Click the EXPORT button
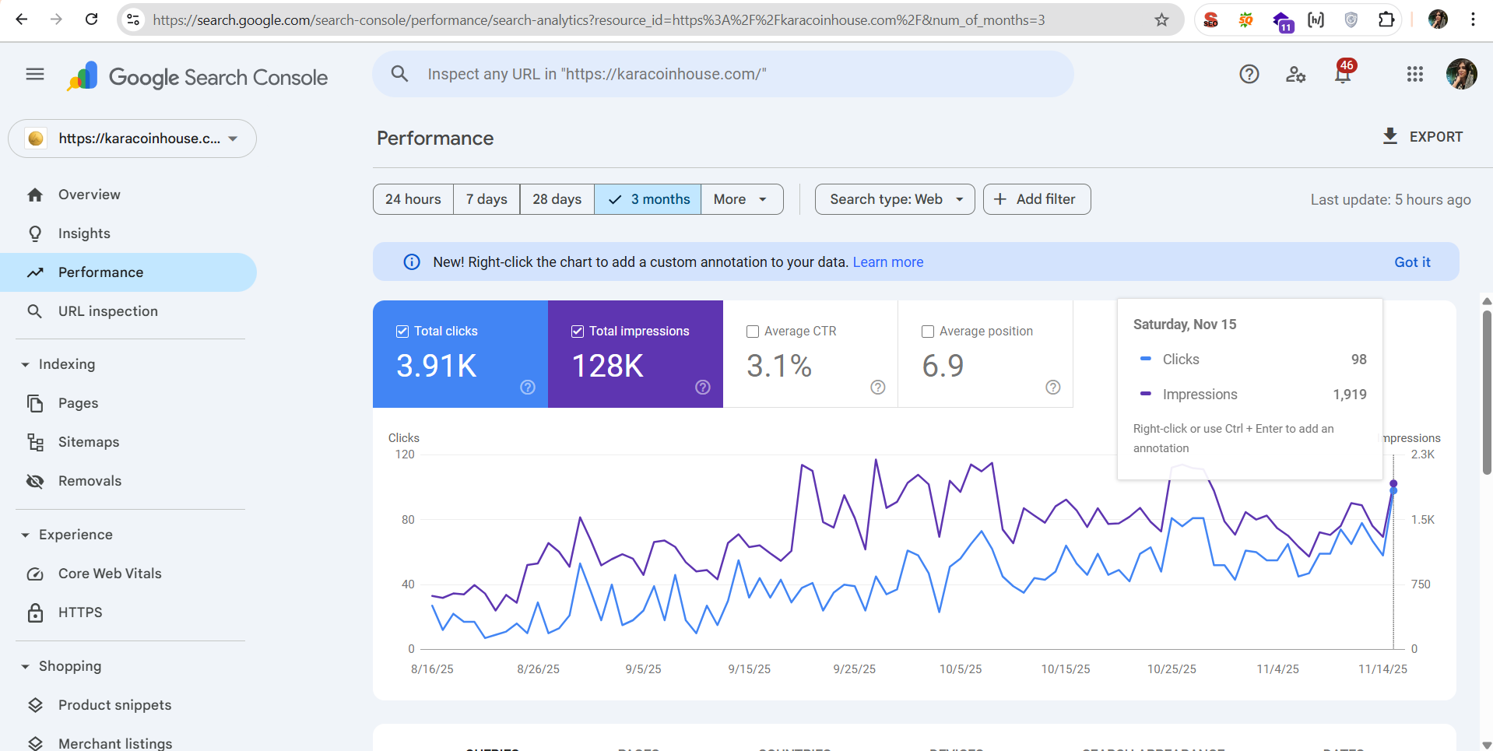[1423, 137]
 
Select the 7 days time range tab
[487, 199]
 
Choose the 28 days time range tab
[557, 199]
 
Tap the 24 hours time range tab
[413, 199]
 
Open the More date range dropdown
[741, 199]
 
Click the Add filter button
[1036, 199]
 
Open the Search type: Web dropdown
[894, 199]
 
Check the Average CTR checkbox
[753, 332]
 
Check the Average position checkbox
[928, 332]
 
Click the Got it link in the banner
[1412, 262]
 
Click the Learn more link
[887, 262]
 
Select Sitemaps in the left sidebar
[89, 442]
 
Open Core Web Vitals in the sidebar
[110, 574]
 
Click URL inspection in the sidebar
[107, 311]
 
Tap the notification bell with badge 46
[1343, 75]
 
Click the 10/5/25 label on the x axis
[961, 669]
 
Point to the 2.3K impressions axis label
[1422, 454]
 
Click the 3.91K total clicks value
[437, 366]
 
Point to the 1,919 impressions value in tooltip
[1349, 395]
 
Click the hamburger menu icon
[35, 75]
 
